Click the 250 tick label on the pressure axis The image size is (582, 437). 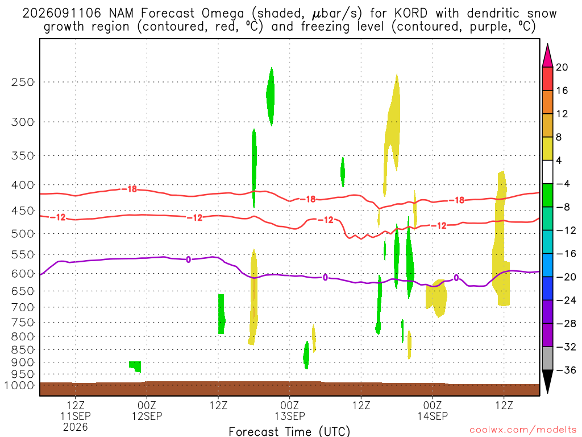(23, 82)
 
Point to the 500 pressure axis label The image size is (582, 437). (23, 234)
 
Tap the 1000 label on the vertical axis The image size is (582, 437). (19, 386)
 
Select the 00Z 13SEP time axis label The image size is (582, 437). (289, 411)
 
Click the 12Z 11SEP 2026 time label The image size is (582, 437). (76, 416)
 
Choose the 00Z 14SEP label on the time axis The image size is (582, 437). (433, 411)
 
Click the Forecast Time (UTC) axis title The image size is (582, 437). (289, 431)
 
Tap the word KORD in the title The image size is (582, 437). (411, 14)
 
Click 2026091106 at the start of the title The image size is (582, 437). (61, 14)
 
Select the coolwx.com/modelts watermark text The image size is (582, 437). (523, 430)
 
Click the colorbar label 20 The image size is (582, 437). (562, 67)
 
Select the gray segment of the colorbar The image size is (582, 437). (547, 358)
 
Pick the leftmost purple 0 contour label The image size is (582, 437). (189, 259)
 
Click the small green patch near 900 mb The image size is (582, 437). (135, 366)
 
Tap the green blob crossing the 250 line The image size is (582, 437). (271, 96)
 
